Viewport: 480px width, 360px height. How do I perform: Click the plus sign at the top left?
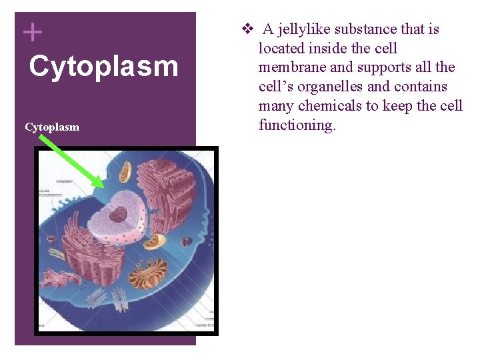tap(32, 32)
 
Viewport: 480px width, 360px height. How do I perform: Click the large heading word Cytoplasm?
tap(103, 67)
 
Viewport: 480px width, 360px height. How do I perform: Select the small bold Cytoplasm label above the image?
tap(52, 127)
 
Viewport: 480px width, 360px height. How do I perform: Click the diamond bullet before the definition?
tap(247, 29)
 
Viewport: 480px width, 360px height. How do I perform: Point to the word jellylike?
tap(303, 29)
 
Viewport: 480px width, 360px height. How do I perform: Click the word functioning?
tap(297, 125)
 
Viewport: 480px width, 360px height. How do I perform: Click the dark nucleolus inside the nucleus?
tap(118, 215)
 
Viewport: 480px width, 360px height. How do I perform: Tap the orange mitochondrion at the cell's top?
tap(125, 173)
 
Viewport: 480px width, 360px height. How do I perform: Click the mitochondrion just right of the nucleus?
tap(155, 241)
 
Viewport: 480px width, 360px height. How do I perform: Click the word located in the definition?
tap(281, 49)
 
